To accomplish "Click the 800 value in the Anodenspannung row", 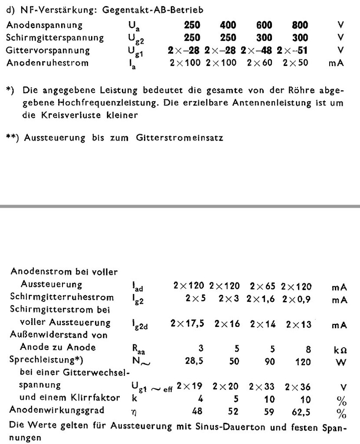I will [299, 25].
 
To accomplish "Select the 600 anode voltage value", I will [263, 25].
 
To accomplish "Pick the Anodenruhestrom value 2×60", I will [260, 63].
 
